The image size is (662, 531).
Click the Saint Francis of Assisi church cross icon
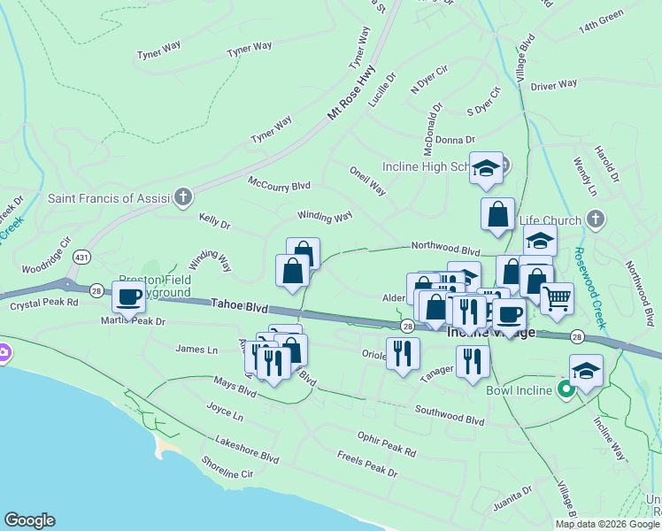183,196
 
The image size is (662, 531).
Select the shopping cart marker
557,298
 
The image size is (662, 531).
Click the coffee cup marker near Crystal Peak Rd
128,298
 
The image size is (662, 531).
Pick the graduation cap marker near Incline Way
586,370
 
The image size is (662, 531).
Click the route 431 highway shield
80,257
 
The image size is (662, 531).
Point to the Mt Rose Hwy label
351,91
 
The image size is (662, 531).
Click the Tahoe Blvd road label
239,304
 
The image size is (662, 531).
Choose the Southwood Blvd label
450,414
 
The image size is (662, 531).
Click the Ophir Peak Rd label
387,443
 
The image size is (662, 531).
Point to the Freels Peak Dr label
367,463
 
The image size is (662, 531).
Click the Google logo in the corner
28,520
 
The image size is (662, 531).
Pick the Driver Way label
554,84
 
